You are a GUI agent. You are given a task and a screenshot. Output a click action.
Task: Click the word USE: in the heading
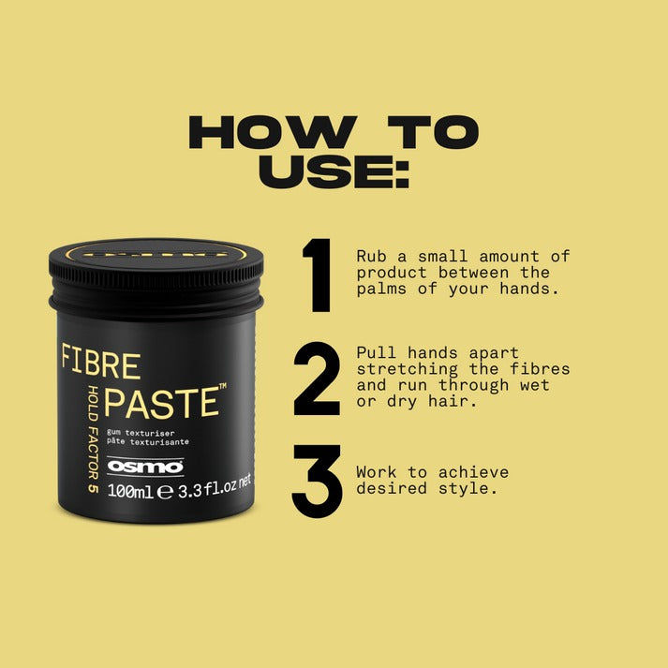334,172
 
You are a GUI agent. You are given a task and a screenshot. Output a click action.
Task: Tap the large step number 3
318,481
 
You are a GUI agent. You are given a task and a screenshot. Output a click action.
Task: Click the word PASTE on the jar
161,402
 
